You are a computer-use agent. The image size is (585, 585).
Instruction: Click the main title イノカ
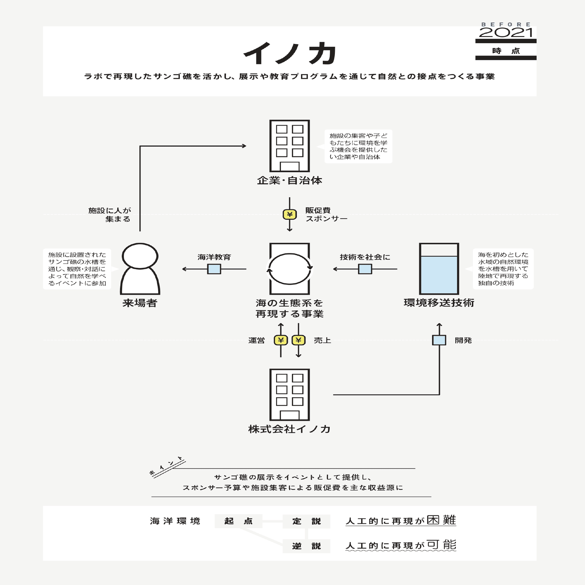click(x=290, y=53)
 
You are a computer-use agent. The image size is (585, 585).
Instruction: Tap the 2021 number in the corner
click(x=505, y=33)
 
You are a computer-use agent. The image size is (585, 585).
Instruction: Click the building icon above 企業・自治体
click(x=290, y=146)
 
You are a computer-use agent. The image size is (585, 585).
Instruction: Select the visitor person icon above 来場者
click(x=140, y=269)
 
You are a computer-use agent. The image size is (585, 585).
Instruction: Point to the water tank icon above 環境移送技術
click(x=439, y=269)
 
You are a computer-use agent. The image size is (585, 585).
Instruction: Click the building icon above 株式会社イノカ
click(x=290, y=395)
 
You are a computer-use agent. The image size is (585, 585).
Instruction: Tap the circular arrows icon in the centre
click(x=290, y=269)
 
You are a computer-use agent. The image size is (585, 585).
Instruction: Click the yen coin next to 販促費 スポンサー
click(x=290, y=214)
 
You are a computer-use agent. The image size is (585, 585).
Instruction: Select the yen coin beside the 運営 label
click(x=281, y=340)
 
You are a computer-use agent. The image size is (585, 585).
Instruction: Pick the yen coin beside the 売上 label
click(x=299, y=340)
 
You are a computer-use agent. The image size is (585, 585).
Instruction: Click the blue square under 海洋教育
click(x=214, y=269)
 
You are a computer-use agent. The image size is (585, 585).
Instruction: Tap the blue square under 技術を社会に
click(x=365, y=269)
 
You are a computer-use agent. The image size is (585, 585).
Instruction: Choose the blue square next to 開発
click(x=439, y=340)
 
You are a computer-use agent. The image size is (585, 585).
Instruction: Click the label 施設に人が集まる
click(x=110, y=214)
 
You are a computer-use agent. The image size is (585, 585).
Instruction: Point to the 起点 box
click(x=238, y=521)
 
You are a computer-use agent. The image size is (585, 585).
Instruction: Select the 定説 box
click(x=306, y=521)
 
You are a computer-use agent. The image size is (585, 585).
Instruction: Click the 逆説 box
click(x=306, y=546)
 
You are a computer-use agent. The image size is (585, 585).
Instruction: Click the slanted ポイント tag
click(x=167, y=467)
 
